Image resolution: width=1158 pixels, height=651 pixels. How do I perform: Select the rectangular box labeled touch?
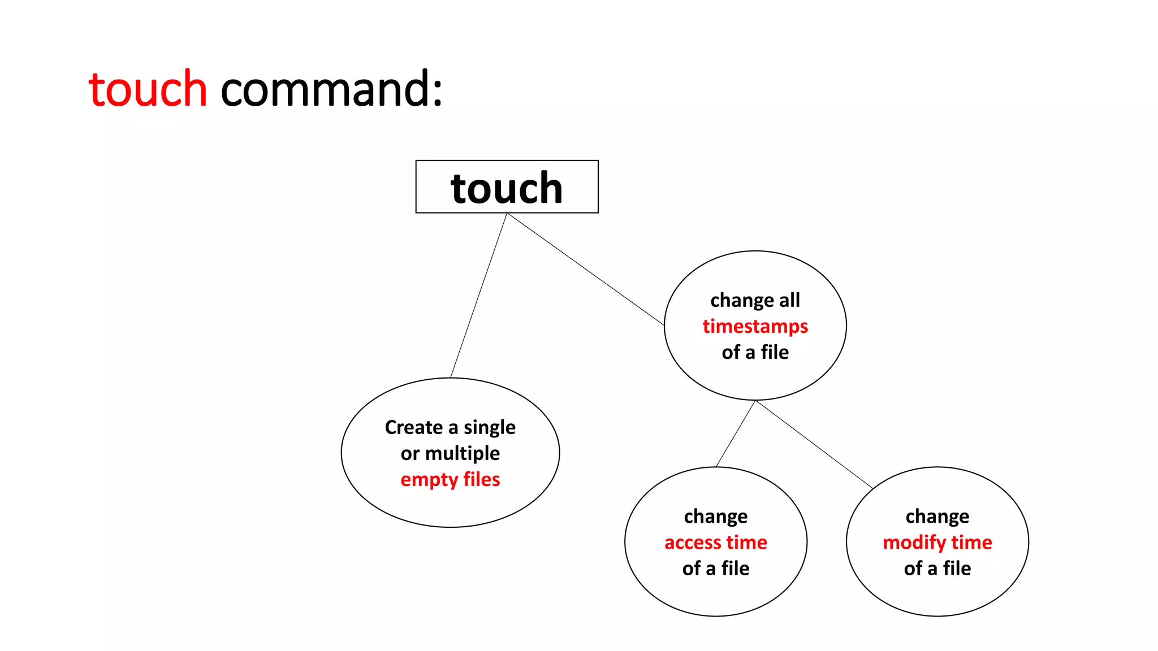tap(507, 187)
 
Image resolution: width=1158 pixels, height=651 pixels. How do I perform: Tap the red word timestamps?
tap(755, 326)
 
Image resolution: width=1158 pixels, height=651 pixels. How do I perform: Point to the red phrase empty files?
tap(450, 479)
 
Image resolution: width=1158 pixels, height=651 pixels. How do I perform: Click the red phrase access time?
tap(715, 542)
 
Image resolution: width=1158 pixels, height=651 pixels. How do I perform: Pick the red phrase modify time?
tap(937, 542)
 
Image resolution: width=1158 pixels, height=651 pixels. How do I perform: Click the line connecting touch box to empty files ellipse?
tap(479, 295)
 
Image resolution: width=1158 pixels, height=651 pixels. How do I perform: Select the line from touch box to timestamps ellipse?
tap(586, 269)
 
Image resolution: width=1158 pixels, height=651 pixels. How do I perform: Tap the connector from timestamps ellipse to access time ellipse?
tap(736, 433)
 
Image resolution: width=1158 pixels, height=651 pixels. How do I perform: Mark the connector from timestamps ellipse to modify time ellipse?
tap(814, 444)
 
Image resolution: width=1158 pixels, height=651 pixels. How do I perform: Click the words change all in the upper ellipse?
tap(755, 300)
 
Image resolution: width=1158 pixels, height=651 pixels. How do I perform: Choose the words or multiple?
tap(450, 453)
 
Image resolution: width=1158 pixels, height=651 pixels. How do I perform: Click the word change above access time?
tap(715, 517)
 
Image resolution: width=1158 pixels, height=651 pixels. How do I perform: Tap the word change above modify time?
tap(937, 517)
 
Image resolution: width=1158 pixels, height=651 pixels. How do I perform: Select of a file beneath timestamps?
tap(755, 352)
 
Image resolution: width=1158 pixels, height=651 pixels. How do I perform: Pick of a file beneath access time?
tap(715, 568)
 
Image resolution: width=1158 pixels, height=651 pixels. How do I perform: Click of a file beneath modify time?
tap(937, 568)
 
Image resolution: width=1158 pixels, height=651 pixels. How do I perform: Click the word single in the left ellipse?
tap(489, 428)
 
